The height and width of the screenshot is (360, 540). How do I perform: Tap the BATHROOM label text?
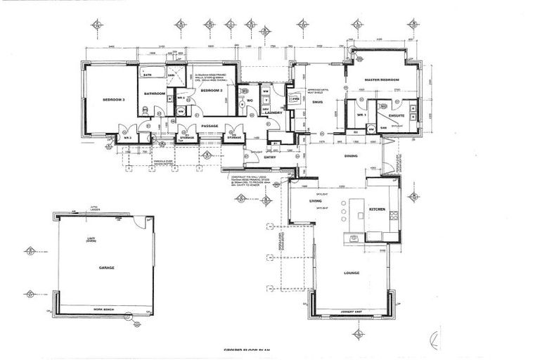[x=154, y=94]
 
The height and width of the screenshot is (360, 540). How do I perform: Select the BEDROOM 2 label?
[x=211, y=91]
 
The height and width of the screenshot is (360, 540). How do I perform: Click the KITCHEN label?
[x=378, y=210]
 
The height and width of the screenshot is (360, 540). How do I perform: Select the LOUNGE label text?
[x=352, y=273]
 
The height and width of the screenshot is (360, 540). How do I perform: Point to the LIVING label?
[x=316, y=201]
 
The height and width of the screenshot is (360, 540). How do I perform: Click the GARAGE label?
[x=106, y=268]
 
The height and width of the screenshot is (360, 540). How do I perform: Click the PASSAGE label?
[x=210, y=127]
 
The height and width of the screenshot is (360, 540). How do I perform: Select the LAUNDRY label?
[x=274, y=112]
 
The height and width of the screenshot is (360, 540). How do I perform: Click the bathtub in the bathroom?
[x=154, y=72]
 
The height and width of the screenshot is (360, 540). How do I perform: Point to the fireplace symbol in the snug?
[x=296, y=100]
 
